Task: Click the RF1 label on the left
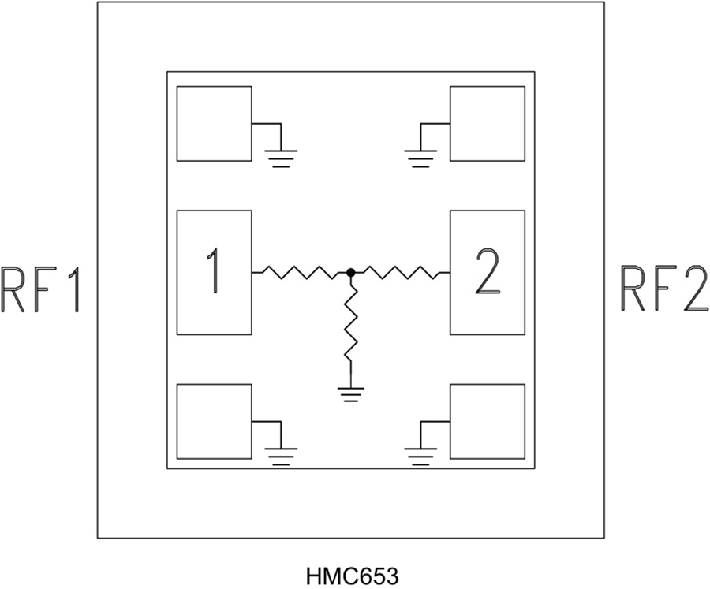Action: (x=40, y=289)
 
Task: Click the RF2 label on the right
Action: (x=664, y=289)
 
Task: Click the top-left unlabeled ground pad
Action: (x=214, y=123)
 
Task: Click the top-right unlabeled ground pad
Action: (x=487, y=123)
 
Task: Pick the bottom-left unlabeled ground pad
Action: (x=214, y=421)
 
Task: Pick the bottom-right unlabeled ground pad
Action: (x=487, y=421)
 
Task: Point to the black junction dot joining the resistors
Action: (x=350, y=273)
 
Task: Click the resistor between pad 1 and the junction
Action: (x=301, y=273)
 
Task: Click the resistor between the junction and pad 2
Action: (x=400, y=273)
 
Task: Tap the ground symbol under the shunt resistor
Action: (x=351, y=392)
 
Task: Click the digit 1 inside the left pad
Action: (x=213, y=271)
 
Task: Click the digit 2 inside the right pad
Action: (x=487, y=271)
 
